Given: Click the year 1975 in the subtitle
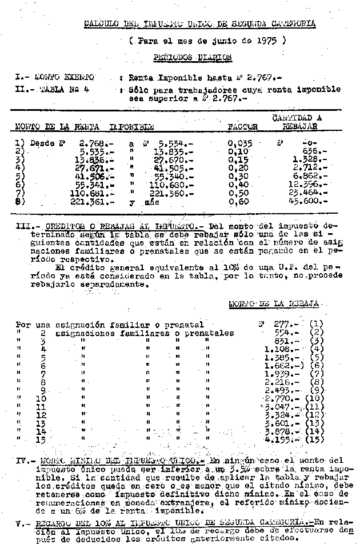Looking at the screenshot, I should (267, 41).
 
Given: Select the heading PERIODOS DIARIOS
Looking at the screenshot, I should (192, 57).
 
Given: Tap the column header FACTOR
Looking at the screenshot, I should (242, 126).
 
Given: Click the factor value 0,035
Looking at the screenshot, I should (240, 144).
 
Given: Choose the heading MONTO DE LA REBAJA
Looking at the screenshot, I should (273, 304).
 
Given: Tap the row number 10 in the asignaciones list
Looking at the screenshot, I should (41, 398).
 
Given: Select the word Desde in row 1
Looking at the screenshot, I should (42, 144).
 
